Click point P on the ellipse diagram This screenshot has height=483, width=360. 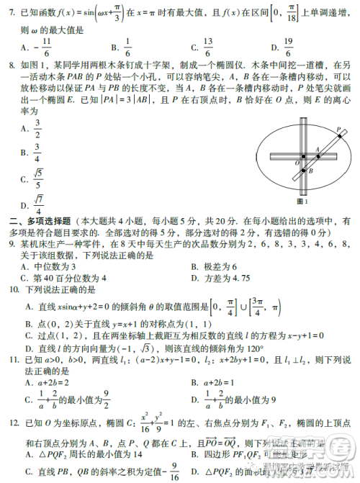click(339, 130)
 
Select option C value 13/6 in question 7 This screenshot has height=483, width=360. click(207, 47)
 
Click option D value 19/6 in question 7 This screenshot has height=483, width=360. click(287, 47)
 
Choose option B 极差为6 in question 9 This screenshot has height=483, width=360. click(217, 266)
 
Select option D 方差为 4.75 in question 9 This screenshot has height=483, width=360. click(224, 277)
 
